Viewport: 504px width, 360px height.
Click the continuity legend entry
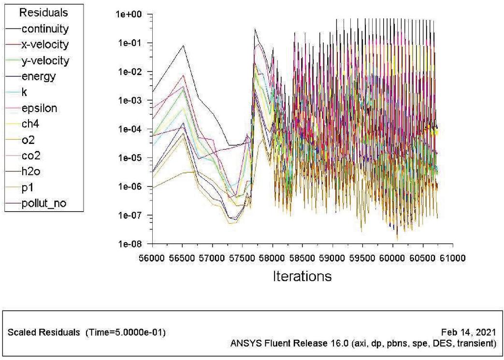click(x=45, y=29)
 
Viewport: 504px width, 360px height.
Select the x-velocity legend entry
click(x=45, y=45)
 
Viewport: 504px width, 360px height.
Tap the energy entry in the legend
click(x=38, y=76)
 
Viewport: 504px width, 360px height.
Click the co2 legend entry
click(x=31, y=156)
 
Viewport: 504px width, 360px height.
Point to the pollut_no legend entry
click(x=44, y=203)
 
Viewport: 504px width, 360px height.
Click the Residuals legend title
click(x=43, y=13)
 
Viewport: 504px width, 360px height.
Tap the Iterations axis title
click(x=302, y=276)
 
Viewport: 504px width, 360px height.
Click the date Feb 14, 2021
click(x=469, y=333)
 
